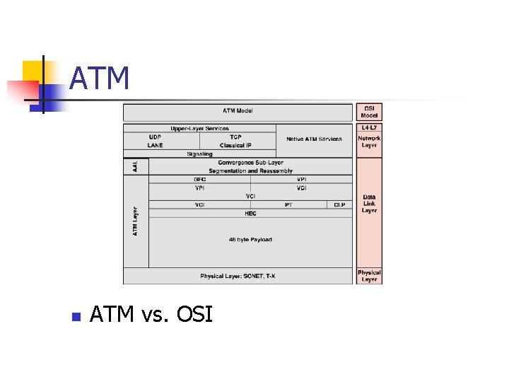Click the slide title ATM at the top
tap(100, 79)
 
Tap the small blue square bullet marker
tap(75, 316)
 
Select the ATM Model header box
tap(238, 111)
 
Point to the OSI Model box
tap(369, 112)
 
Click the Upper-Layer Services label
tap(199, 128)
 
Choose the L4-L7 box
tap(369, 128)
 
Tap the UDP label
tap(155, 137)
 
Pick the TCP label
tap(235, 137)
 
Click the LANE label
tap(155, 146)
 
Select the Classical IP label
tap(235, 146)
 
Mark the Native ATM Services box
tap(314, 139)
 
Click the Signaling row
tap(199, 154)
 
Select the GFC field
tap(199, 180)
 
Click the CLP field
tap(339, 205)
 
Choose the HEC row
tap(250, 213)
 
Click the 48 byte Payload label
tap(250, 240)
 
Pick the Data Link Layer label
tap(369, 204)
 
